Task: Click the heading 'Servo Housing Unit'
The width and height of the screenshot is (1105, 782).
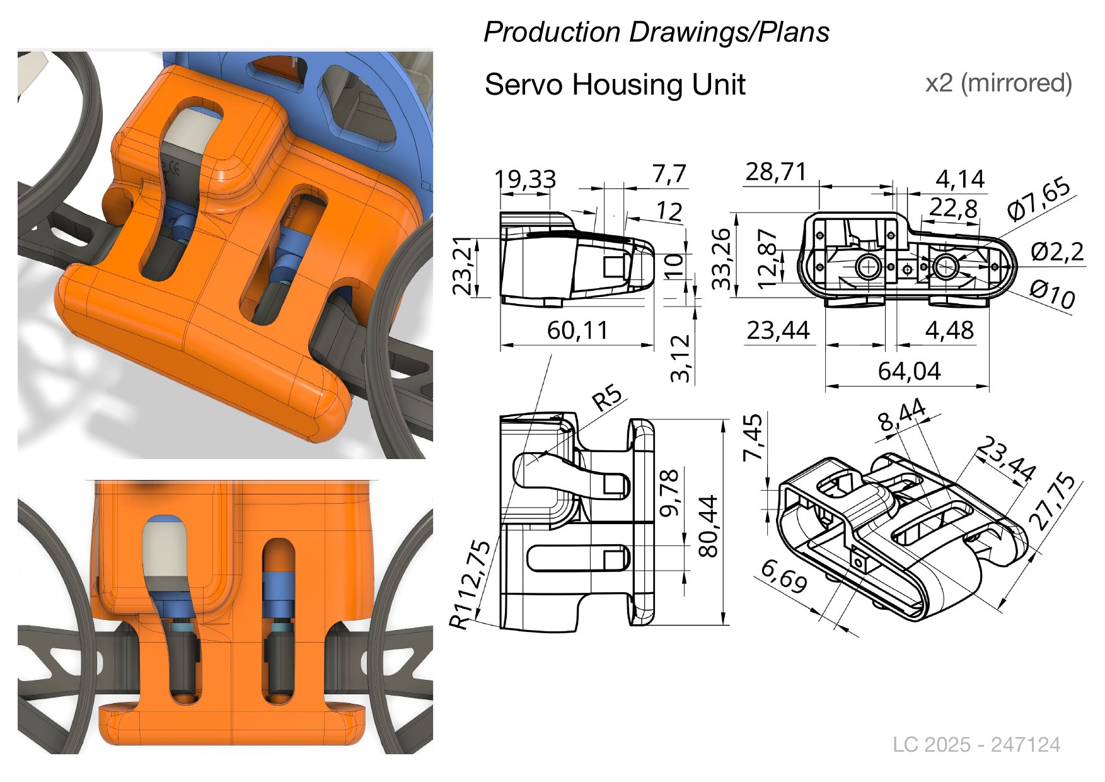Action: tap(615, 85)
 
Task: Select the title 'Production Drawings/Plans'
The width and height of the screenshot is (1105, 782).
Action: tap(656, 32)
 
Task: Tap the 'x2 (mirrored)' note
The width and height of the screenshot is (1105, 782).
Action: tap(998, 83)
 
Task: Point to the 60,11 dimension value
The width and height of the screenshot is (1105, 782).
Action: tap(577, 330)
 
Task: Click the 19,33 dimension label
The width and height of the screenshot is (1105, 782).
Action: tap(525, 180)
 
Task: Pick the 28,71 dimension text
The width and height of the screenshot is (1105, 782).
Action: tap(776, 172)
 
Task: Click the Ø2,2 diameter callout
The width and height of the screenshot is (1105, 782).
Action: tap(1057, 252)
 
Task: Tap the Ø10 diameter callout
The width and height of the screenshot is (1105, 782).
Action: tap(1052, 295)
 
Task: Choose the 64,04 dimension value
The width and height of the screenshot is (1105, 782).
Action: tap(909, 371)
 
